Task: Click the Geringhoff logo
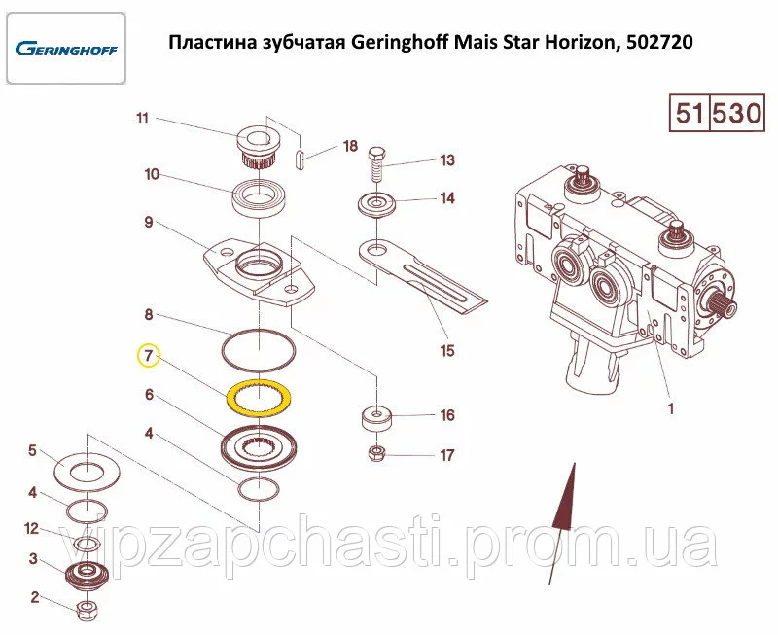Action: (66, 50)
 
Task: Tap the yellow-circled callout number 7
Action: (149, 355)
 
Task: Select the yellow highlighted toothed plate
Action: (259, 397)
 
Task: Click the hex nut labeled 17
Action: (377, 452)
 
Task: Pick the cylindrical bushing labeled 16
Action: (376, 419)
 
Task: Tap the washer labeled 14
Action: (377, 205)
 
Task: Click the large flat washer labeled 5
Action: (88, 472)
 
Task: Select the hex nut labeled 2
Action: (88, 609)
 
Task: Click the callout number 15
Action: (447, 351)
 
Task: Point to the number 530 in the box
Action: (737, 113)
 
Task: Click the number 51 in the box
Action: (690, 113)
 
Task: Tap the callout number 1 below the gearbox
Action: (671, 408)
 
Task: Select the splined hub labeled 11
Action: (258, 145)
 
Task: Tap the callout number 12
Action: (31, 529)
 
